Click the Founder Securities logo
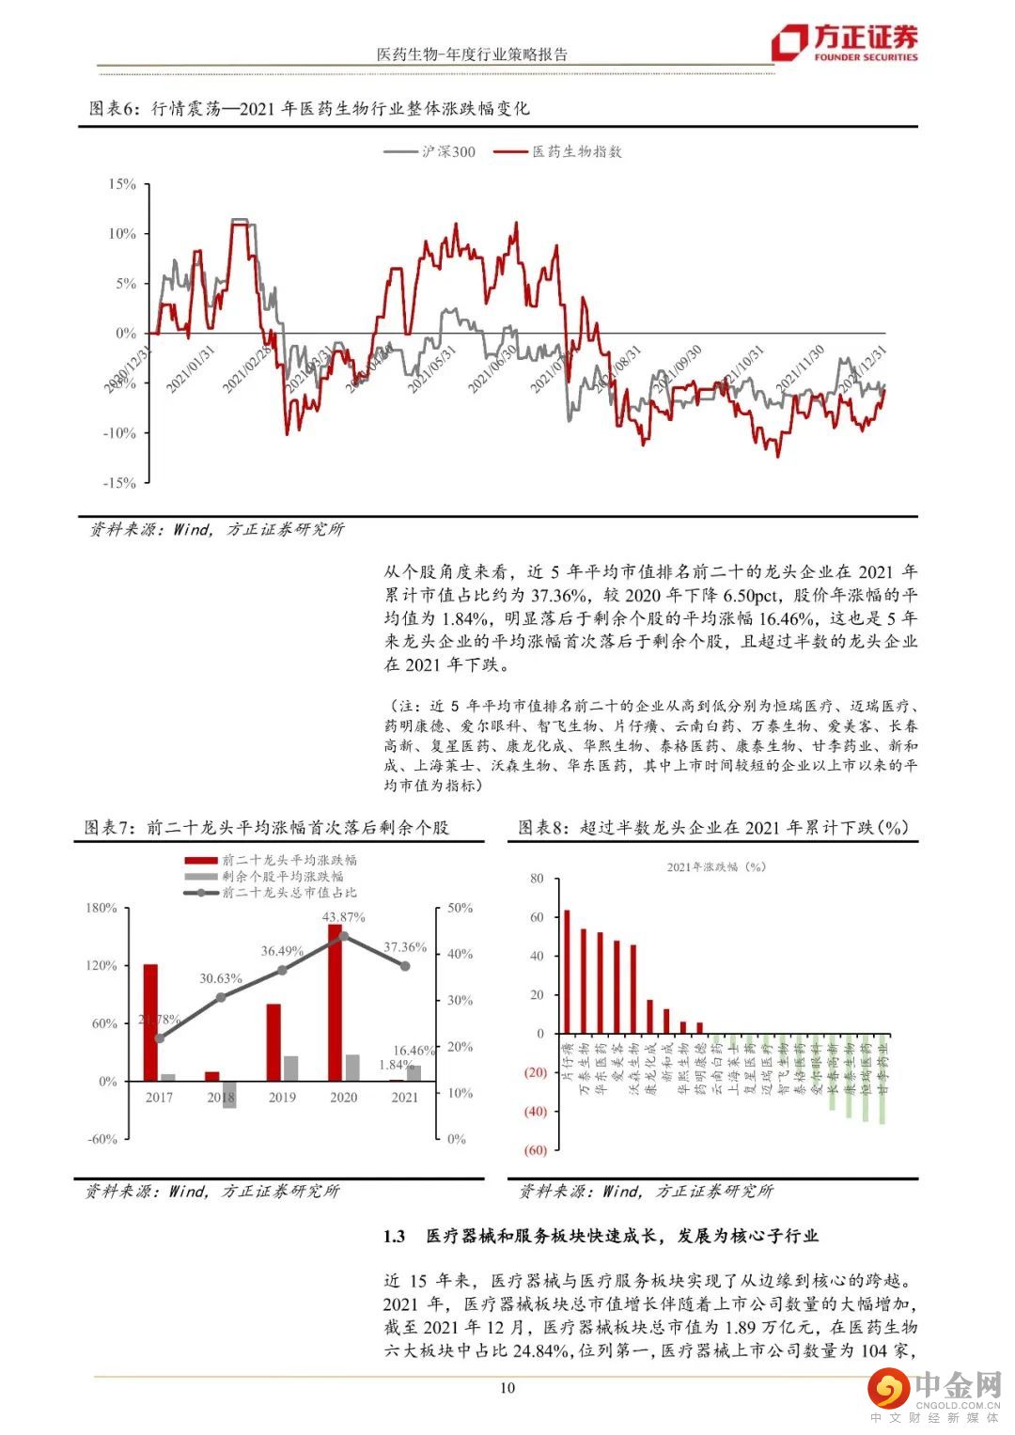pyautogui.click(x=843, y=42)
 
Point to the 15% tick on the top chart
pyautogui.click(x=122, y=184)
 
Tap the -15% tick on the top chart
pyautogui.click(x=119, y=483)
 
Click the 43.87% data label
pyautogui.click(x=343, y=916)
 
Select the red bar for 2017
pyautogui.click(x=150, y=1022)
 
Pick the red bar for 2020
pyautogui.click(x=335, y=1002)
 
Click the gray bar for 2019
pyautogui.click(x=290, y=1068)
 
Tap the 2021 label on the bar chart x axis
pyautogui.click(x=405, y=1098)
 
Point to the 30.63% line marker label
pyautogui.click(x=221, y=978)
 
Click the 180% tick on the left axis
pyautogui.click(x=101, y=908)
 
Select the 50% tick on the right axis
pyautogui.click(x=461, y=908)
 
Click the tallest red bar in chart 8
pyautogui.click(x=567, y=971)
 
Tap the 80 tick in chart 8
pyautogui.click(x=538, y=879)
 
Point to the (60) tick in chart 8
pyautogui.click(x=535, y=1150)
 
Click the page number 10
pyautogui.click(x=507, y=1388)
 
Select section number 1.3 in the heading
pyautogui.click(x=394, y=1237)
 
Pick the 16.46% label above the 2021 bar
pyautogui.click(x=414, y=1051)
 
